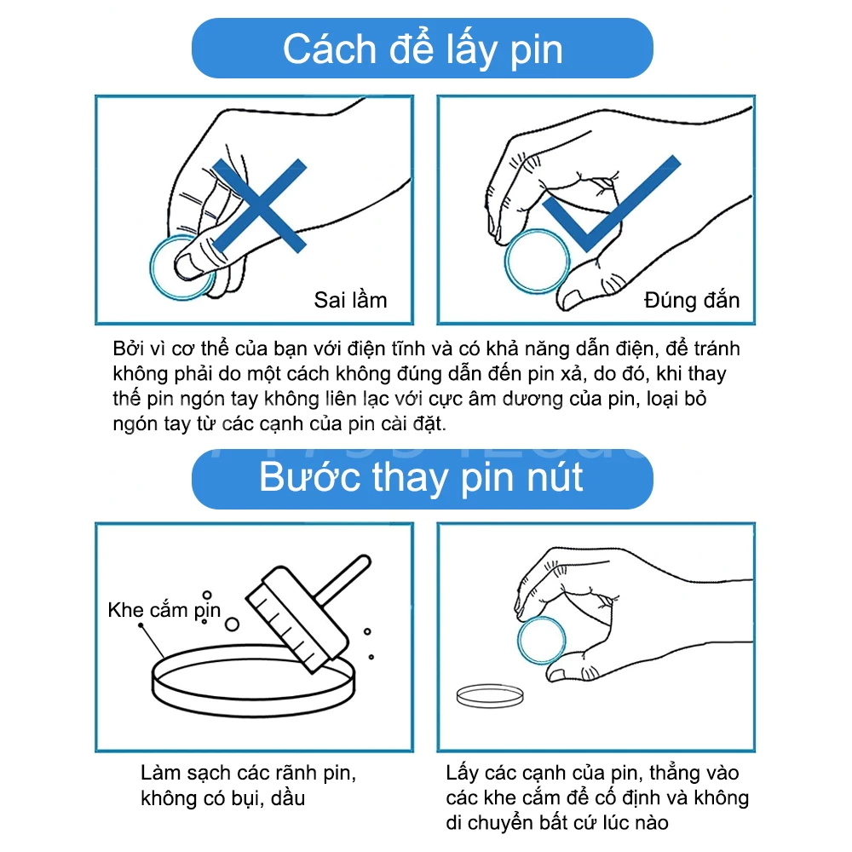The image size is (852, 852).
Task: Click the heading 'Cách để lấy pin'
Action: click(423, 49)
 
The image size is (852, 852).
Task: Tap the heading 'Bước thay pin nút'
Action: click(421, 478)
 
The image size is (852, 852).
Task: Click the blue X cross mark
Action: click(259, 205)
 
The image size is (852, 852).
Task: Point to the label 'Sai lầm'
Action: click(350, 300)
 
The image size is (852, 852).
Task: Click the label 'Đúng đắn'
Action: click(692, 300)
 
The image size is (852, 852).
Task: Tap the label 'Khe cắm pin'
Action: click(164, 610)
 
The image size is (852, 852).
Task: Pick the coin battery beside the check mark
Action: click(537, 262)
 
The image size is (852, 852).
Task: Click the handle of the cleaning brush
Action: click(343, 579)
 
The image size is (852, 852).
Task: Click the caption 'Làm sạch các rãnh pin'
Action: click(248, 773)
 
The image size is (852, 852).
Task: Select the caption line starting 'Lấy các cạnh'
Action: click(592, 773)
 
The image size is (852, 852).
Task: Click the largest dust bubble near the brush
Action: click(232, 625)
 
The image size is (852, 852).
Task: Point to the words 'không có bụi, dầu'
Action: click(222, 798)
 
